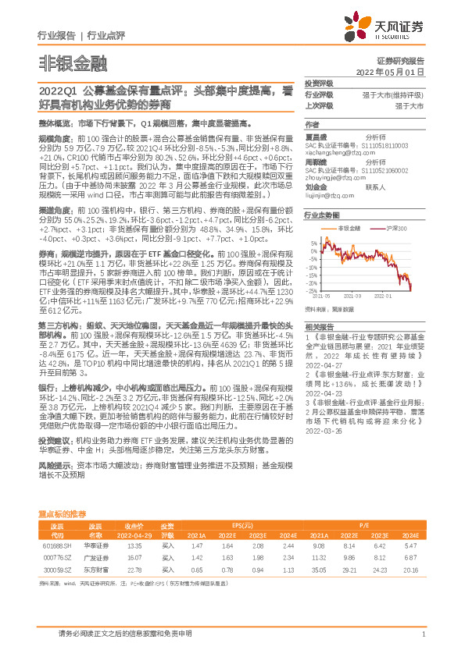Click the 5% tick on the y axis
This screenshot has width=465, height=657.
click(314, 243)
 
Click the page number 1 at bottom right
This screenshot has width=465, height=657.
click(423, 634)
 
